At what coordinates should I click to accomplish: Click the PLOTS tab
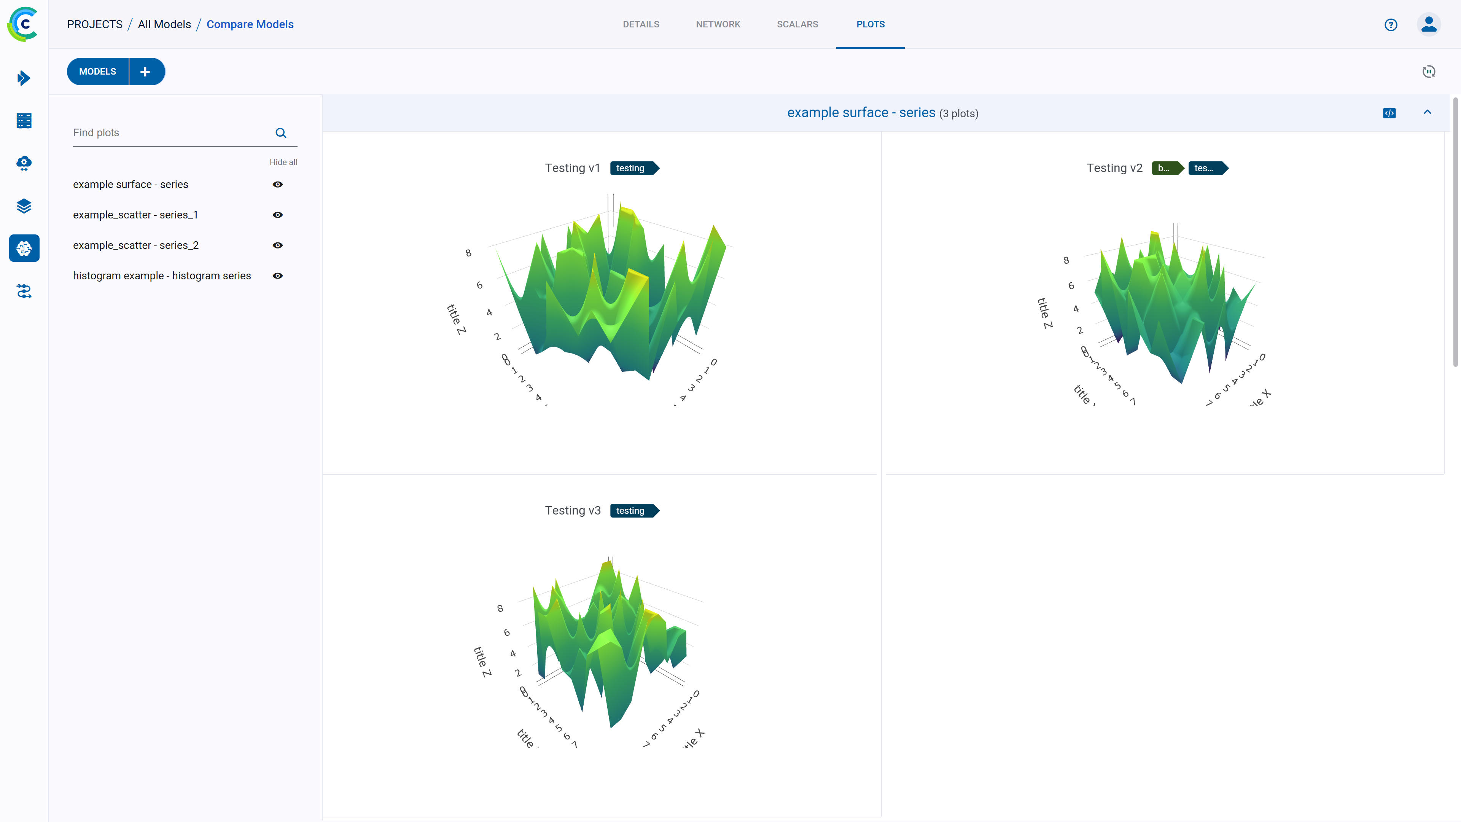[x=870, y=24]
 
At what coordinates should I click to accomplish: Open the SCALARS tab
[x=797, y=24]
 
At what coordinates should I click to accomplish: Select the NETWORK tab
[x=718, y=24]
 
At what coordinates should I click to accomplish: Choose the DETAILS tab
[x=640, y=24]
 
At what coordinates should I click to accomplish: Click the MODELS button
[x=97, y=72]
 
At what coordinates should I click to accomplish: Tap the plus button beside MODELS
[x=146, y=72]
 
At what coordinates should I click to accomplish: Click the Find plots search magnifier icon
[x=281, y=133]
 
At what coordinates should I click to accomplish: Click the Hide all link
[x=283, y=162]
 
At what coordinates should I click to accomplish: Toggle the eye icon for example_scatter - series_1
[x=277, y=215]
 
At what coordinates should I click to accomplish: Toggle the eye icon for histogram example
[x=277, y=276]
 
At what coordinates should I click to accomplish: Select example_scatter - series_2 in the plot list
[x=135, y=245]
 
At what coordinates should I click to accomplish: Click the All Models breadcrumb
[x=164, y=24]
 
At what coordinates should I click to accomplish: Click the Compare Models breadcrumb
[x=250, y=24]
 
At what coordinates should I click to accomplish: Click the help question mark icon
[x=1390, y=24]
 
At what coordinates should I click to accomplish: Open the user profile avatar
[x=1428, y=24]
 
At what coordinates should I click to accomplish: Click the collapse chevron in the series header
[x=1427, y=112]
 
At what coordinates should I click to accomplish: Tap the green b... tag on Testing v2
[x=1165, y=169]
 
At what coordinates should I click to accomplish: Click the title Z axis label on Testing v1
[x=456, y=319]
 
